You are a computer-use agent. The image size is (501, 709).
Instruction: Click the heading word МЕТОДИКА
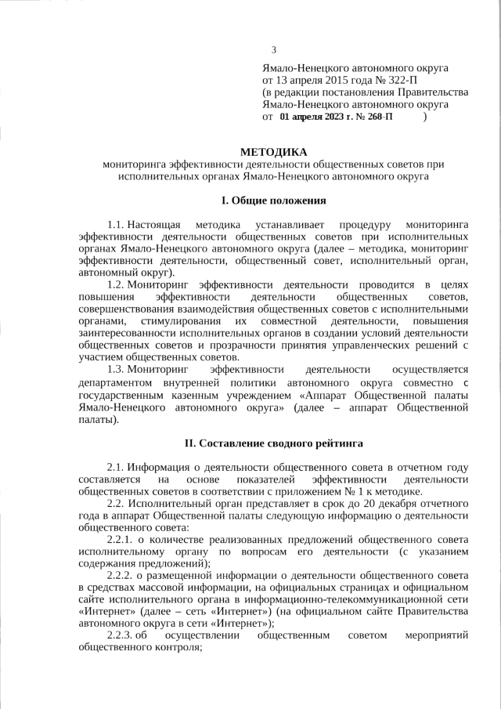[273, 152]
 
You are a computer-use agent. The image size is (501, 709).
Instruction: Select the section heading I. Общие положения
[273, 201]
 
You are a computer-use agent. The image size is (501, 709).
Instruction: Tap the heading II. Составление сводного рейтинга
[273, 443]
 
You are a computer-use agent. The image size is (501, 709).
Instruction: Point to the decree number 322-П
[398, 80]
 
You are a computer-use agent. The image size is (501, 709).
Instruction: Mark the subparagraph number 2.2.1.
[122, 541]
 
